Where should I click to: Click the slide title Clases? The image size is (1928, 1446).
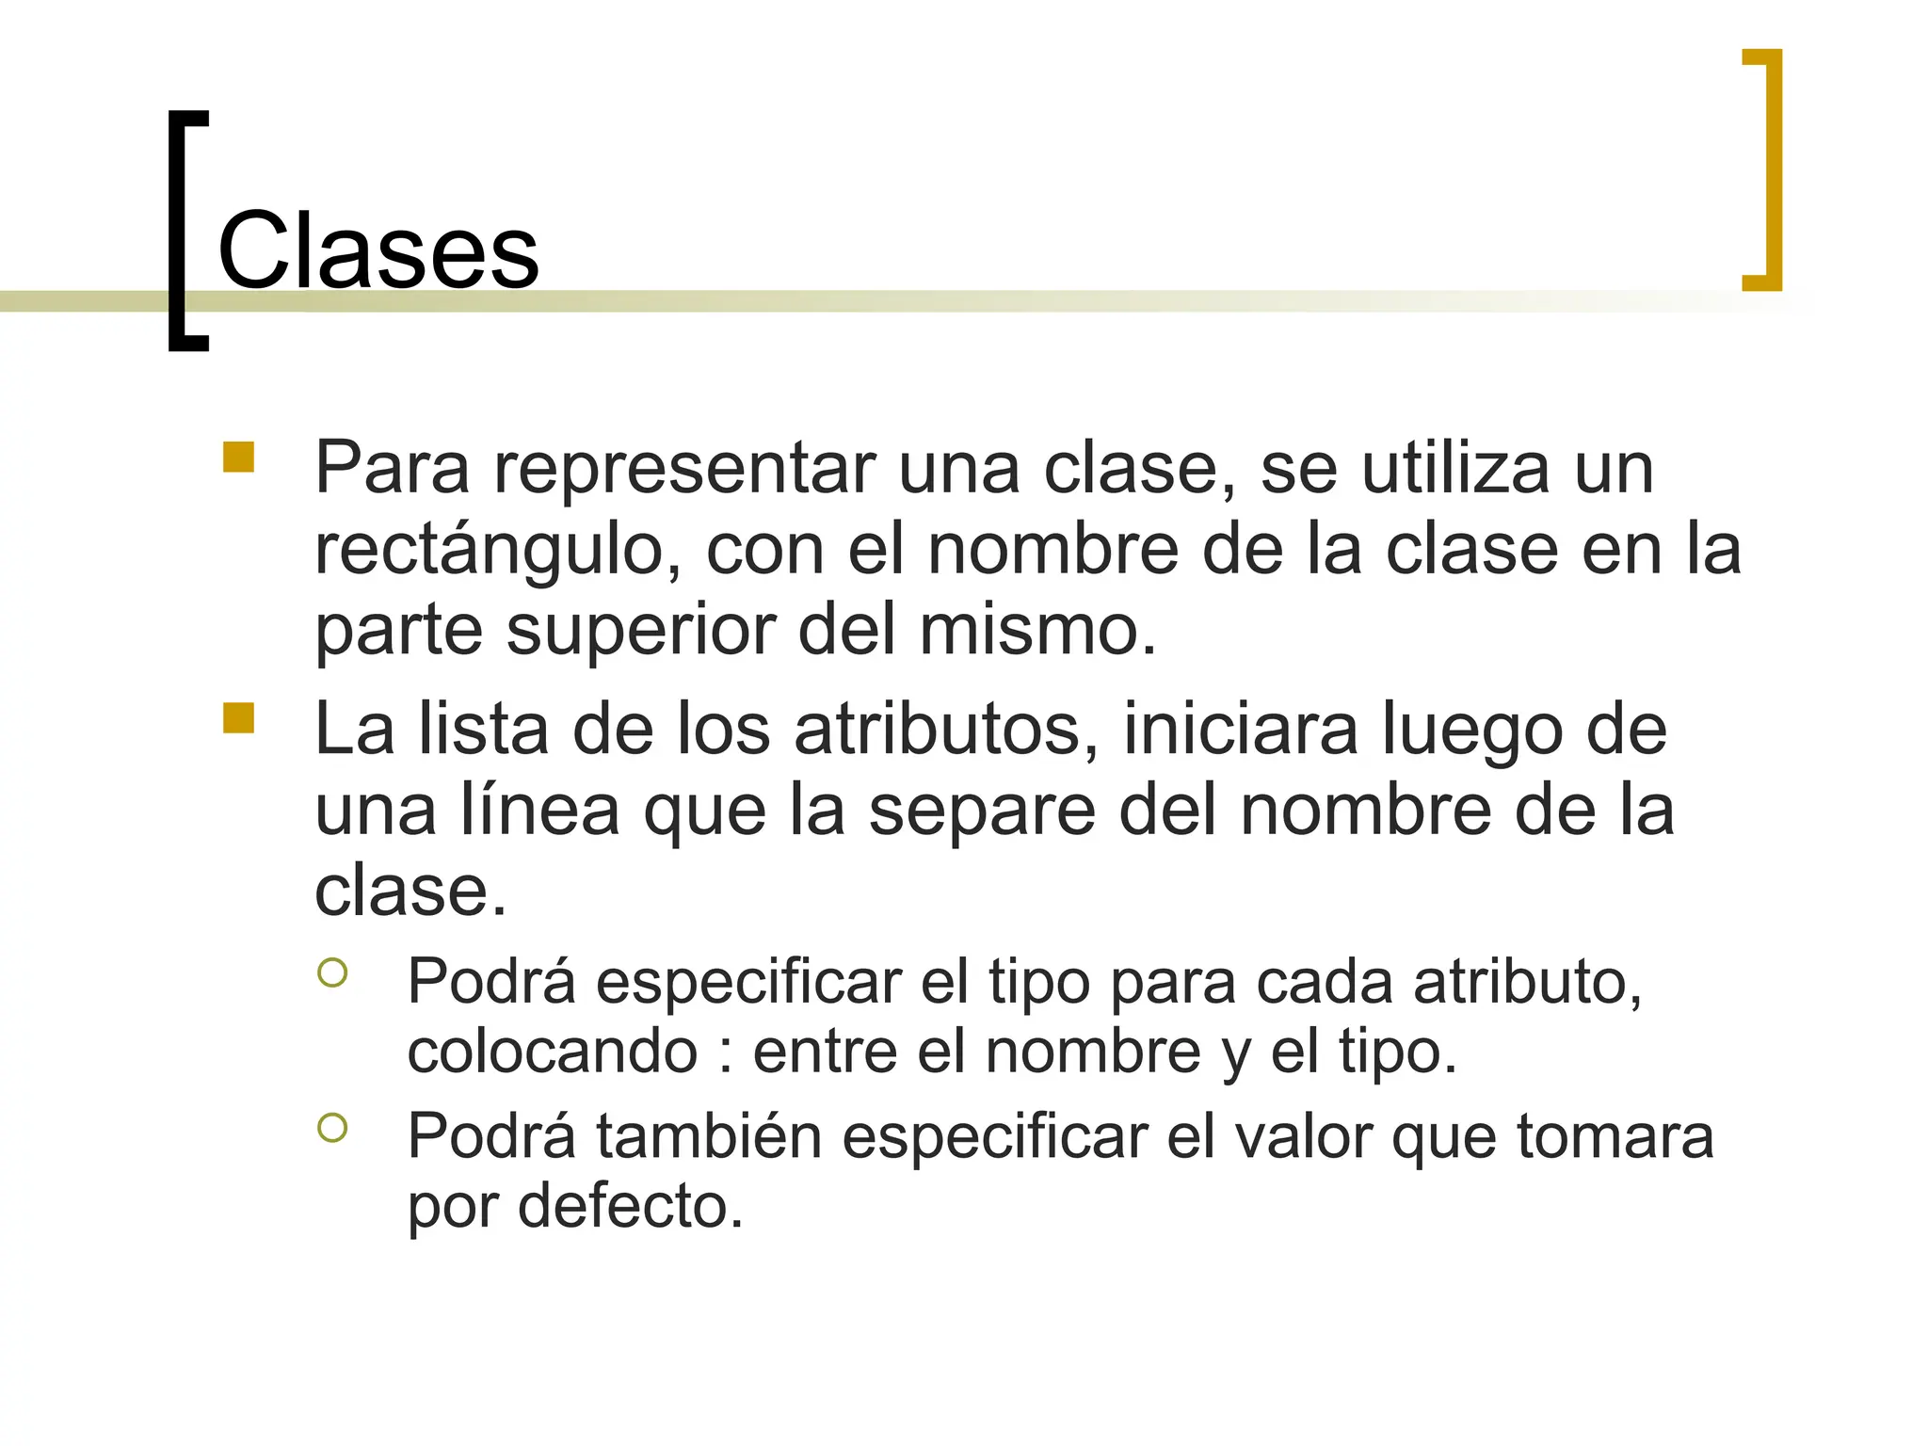pyautogui.click(x=378, y=251)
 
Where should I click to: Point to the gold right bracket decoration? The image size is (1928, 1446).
pyautogui.click(x=1773, y=169)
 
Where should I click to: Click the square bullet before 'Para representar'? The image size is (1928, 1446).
pyautogui.click(x=239, y=457)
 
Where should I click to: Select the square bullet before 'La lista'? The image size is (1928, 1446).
pyautogui.click(x=239, y=717)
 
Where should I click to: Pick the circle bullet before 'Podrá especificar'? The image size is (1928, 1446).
pyautogui.click(x=332, y=972)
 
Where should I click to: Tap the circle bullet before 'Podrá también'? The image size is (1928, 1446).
pyautogui.click(x=332, y=1127)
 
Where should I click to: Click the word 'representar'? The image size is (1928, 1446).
pyautogui.click(x=685, y=468)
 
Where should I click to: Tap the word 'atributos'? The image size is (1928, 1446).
pyautogui.click(x=947, y=730)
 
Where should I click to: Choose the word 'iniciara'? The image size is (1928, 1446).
pyautogui.click(x=1241, y=730)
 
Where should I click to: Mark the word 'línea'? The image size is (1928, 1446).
pyautogui.click(x=539, y=810)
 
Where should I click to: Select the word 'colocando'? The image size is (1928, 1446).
pyautogui.click(x=552, y=1052)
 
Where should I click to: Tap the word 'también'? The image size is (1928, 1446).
pyautogui.click(x=708, y=1136)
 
